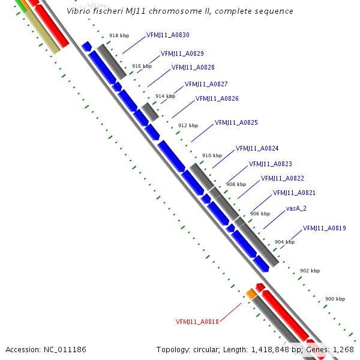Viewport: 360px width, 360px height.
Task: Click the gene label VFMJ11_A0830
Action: pos(167,35)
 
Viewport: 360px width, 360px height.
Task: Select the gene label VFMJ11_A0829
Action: pos(182,54)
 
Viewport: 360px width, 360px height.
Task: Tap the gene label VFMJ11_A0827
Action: pos(206,84)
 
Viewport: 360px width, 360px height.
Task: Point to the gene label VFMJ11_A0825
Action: pos(236,122)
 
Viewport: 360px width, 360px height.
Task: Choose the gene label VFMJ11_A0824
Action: pos(257,148)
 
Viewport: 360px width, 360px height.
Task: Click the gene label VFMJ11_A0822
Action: pos(282,178)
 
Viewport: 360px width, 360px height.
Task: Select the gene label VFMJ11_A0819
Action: pos(324,228)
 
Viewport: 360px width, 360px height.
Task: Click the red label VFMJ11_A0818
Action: pos(197,322)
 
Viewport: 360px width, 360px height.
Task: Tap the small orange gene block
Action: pos(251,293)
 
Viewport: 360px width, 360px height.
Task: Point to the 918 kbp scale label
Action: pos(119,36)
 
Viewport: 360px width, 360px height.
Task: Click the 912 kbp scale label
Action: pos(188,125)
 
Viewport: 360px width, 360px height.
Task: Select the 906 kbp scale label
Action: pos(260,214)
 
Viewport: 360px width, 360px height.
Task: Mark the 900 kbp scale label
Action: pos(335,299)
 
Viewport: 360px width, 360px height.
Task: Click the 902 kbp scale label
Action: pos(310,271)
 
